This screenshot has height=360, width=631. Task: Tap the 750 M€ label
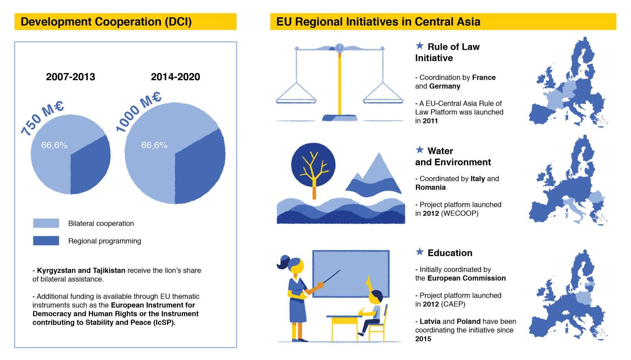click(42, 118)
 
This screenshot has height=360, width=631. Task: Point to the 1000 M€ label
click(138, 111)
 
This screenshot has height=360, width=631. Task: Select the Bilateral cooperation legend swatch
click(46, 223)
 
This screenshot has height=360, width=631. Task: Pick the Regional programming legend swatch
click(46, 241)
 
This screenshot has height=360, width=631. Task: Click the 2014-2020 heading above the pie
click(175, 76)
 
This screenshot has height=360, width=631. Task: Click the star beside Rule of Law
click(420, 46)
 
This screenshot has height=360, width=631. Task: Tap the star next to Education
click(420, 252)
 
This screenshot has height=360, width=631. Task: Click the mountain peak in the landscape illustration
click(379, 155)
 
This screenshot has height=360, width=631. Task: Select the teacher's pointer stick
click(332, 276)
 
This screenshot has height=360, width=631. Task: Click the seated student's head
click(376, 297)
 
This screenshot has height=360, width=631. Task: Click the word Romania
click(430, 187)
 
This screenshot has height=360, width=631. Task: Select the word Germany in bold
click(445, 86)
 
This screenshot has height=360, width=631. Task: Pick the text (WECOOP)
click(459, 213)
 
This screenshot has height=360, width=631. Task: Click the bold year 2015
click(423, 339)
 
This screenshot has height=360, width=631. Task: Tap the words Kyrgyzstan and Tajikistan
click(81, 270)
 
